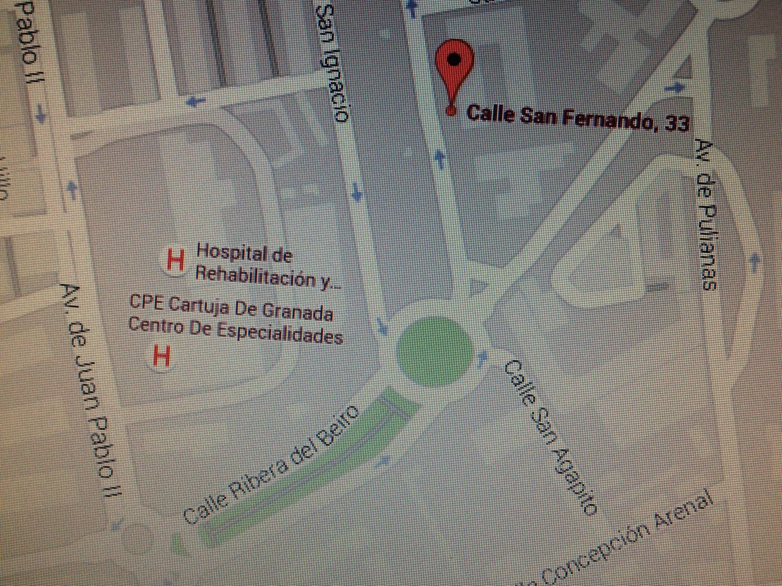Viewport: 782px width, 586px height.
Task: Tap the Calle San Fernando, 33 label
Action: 577,117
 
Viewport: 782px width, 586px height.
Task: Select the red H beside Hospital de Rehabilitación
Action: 175,260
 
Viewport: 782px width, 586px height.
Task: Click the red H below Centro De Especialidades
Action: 161,357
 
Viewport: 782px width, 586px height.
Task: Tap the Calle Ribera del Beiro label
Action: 272,465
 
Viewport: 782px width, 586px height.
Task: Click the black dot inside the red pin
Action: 455,58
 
